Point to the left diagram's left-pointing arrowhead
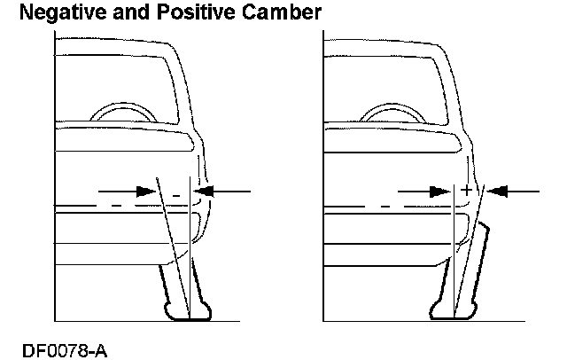[x=205, y=191]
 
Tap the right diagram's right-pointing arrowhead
[x=437, y=191]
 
